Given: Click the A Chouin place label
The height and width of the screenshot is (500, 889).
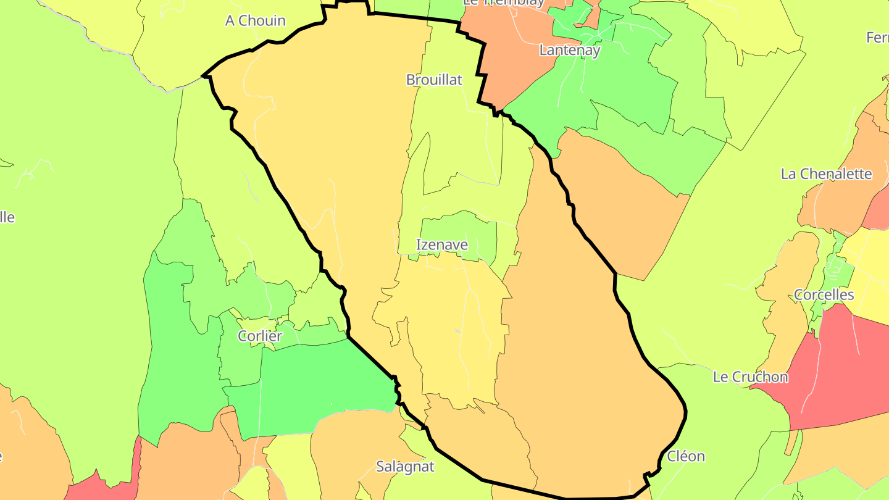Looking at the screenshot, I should tap(255, 21).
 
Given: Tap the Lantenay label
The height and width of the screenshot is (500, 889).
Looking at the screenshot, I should tap(569, 50).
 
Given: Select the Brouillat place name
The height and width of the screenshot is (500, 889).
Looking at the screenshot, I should tap(434, 80).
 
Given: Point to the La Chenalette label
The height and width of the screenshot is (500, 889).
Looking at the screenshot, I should tap(826, 174).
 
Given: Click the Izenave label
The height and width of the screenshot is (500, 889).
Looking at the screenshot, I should tap(442, 245).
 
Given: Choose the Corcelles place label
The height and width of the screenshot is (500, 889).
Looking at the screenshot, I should tap(824, 295).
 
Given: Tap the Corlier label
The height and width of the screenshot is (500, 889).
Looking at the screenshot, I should tap(260, 336).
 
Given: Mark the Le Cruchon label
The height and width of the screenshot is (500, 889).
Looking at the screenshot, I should tap(750, 377).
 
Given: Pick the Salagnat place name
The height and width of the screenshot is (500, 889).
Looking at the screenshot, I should tap(405, 467).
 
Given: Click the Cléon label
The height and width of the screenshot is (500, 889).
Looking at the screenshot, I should tap(685, 457).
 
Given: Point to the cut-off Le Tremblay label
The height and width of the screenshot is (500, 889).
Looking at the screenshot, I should tap(504, 3).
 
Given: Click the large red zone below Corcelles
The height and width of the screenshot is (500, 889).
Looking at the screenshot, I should tap(827, 370).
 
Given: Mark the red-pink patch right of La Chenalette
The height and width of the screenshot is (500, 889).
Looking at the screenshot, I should tap(878, 210).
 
